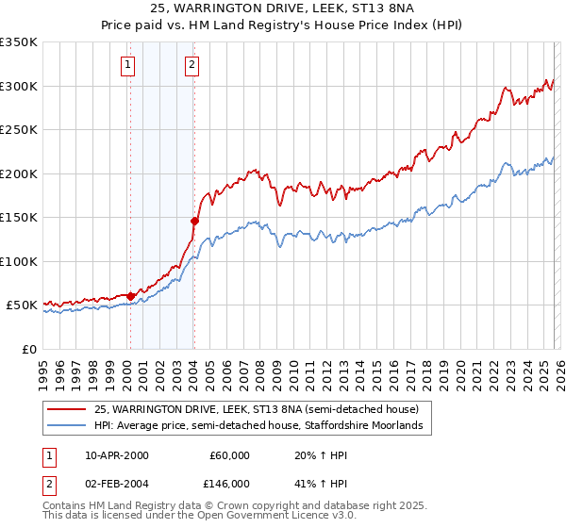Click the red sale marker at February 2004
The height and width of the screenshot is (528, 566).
pos(193,222)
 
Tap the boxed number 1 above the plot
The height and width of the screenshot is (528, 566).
pos(127,65)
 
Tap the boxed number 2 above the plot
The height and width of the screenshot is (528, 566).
pos(191,65)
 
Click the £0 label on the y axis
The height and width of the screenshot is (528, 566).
pos(29,349)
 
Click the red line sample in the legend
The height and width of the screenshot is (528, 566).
pos(67,409)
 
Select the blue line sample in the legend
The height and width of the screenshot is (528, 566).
pos(67,426)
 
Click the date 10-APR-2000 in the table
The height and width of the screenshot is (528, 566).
pos(116,454)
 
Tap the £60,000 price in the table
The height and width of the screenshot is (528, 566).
pos(229,454)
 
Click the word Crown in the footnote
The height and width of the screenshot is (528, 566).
pos(238,505)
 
